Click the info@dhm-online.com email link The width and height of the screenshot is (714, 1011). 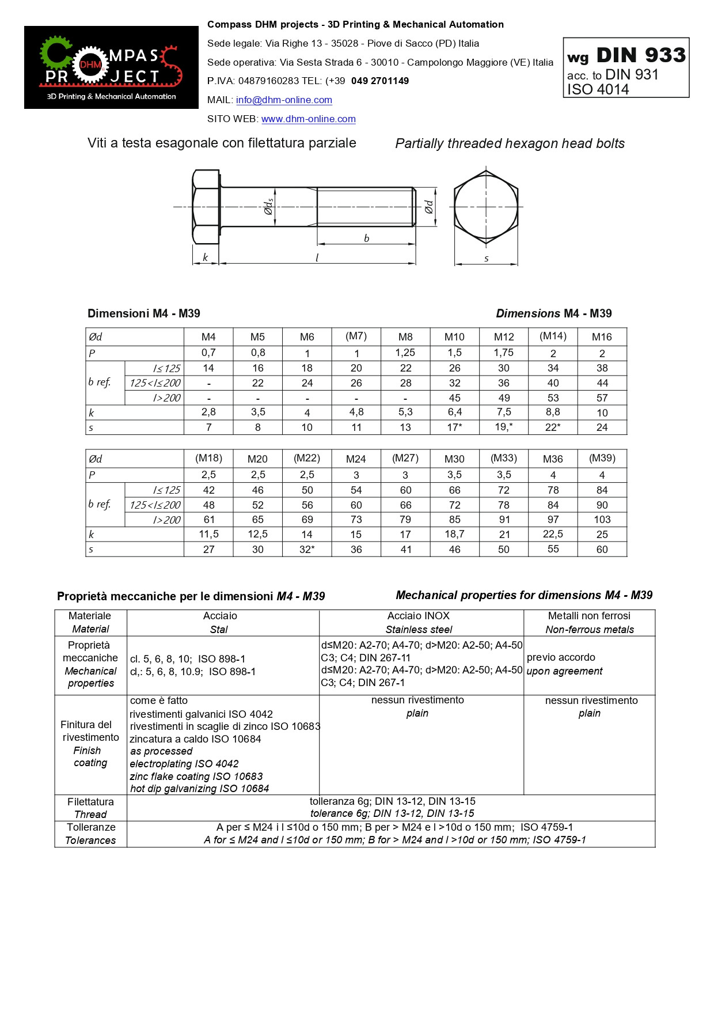284,100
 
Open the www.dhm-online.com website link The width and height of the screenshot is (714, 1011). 308,119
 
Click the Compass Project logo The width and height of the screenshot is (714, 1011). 111,67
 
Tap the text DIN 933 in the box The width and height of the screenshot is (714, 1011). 641,55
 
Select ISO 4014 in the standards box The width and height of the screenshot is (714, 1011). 598,89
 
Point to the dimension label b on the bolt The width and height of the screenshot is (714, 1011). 366,238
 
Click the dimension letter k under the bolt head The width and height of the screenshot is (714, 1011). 205,258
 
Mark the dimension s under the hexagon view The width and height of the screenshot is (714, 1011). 487,259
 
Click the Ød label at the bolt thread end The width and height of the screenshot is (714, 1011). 429,207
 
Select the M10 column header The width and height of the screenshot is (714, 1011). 454,337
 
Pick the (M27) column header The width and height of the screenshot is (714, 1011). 405,458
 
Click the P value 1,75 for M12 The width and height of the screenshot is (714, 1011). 504,353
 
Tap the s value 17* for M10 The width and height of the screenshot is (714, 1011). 454,427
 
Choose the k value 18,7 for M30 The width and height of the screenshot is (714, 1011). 454,534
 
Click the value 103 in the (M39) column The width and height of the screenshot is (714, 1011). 602,519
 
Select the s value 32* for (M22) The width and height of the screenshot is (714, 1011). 307,549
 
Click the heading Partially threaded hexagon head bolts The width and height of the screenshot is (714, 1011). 510,143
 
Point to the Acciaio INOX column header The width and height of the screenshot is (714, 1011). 418,616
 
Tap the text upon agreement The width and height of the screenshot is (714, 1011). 564,671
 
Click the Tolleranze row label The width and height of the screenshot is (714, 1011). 91,827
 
